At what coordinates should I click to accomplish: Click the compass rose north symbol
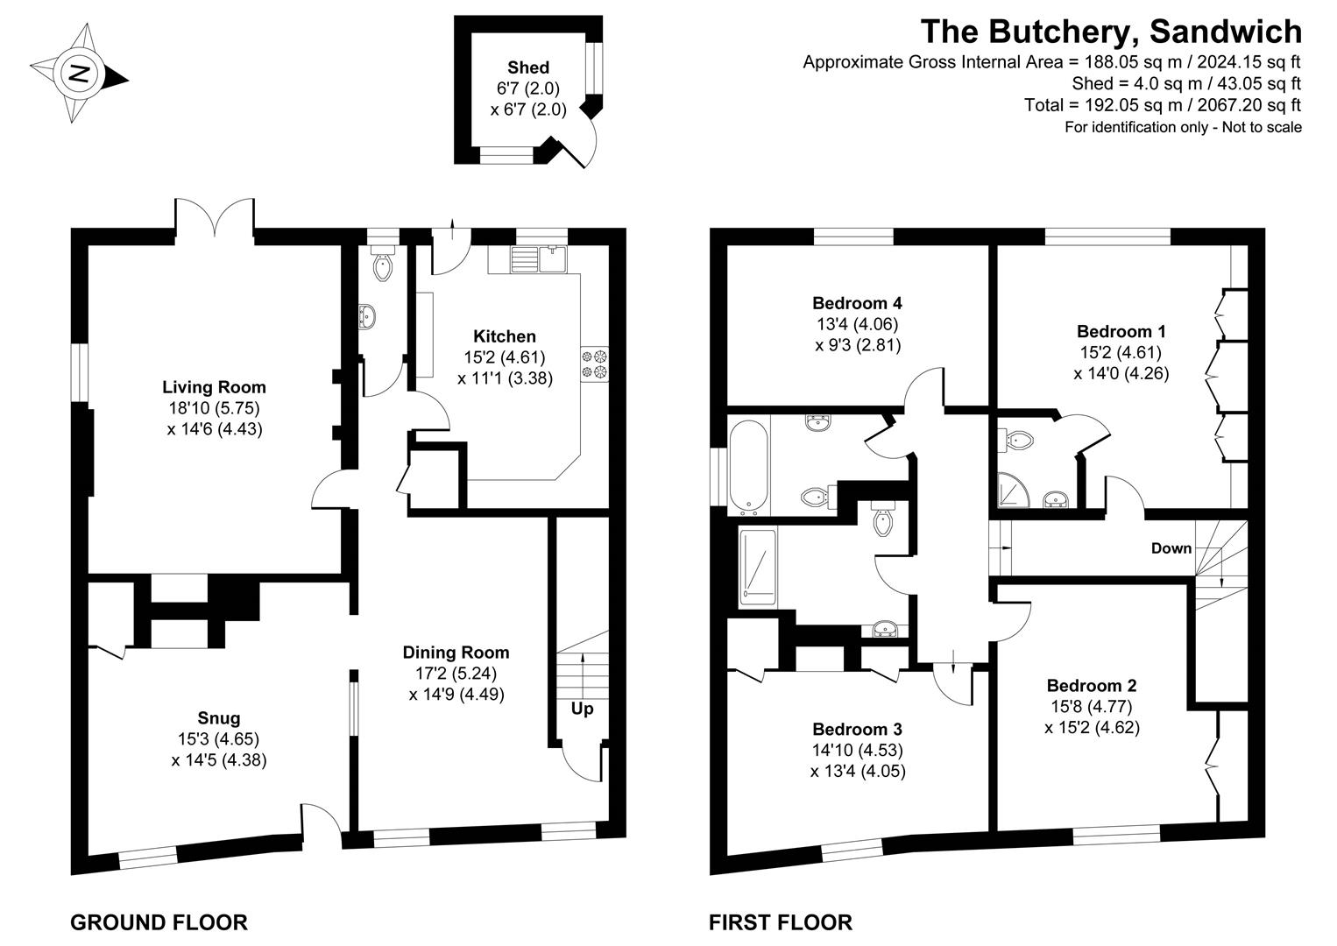point(79,74)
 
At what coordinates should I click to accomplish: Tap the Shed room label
point(528,67)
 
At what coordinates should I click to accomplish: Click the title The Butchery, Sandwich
point(1110,32)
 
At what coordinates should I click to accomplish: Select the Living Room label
point(214,387)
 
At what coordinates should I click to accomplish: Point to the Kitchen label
point(505,336)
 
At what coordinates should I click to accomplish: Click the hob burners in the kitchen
point(594,364)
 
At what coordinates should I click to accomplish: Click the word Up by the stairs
point(582,709)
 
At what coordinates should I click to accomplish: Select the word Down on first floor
point(1171,548)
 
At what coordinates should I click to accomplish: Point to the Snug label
point(219,718)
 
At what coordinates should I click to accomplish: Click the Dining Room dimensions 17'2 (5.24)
point(456,674)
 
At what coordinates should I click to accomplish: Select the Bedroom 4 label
point(857,303)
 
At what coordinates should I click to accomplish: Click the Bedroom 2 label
point(1092,685)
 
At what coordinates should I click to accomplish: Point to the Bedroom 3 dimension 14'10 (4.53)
point(857,751)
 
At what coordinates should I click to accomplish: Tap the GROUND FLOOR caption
point(159,922)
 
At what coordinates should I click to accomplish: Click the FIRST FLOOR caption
point(780,922)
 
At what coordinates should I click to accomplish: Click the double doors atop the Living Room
point(215,217)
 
